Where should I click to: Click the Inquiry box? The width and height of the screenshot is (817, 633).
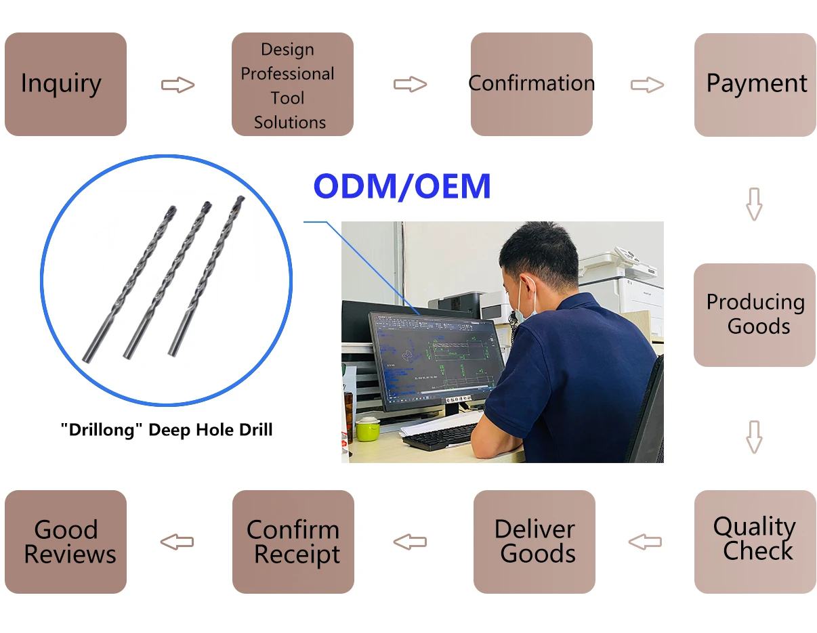click(66, 84)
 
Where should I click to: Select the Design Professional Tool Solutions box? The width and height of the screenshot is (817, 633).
click(292, 85)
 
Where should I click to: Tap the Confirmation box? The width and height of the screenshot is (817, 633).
click(531, 84)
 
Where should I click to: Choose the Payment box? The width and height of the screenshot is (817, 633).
click(755, 85)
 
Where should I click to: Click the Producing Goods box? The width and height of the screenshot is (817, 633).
click(754, 315)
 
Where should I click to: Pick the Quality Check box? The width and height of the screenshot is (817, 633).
click(755, 541)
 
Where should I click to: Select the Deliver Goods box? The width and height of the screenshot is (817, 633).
click(534, 542)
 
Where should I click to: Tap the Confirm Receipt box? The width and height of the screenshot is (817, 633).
click(293, 542)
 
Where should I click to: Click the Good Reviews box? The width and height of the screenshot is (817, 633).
click(66, 542)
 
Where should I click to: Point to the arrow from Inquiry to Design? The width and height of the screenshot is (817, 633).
click(177, 85)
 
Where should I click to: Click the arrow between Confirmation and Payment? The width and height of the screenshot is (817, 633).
click(647, 85)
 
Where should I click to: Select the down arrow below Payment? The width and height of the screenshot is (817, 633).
click(754, 204)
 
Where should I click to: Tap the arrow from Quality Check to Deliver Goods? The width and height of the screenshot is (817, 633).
click(644, 542)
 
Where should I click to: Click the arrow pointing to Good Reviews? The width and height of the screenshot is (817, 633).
click(177, 542)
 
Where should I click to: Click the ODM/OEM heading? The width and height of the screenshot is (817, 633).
click(402, 187)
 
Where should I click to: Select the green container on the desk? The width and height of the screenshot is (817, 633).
click(366, 429)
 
